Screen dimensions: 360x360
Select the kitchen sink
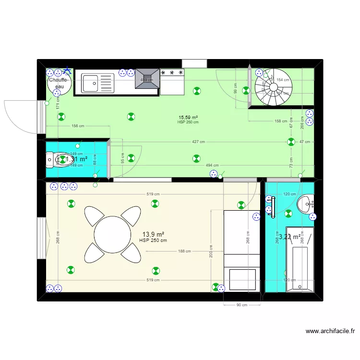click(97, 83)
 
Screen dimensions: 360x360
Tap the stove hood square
click(147, 78)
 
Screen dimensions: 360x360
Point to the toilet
click(56, 159)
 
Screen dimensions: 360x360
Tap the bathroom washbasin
click(306, 205)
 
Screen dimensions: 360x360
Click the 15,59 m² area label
click(189, 117)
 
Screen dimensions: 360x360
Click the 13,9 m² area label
click(153, 234)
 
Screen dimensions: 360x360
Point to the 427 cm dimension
click(198, 142)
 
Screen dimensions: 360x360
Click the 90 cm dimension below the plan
click(242, 305)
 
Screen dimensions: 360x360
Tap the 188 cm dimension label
click(184, 251)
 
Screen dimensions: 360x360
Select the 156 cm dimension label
click(78, 126)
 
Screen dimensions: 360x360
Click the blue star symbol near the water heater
click(67, 71)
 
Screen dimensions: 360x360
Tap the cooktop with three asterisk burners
click(172, 72)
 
